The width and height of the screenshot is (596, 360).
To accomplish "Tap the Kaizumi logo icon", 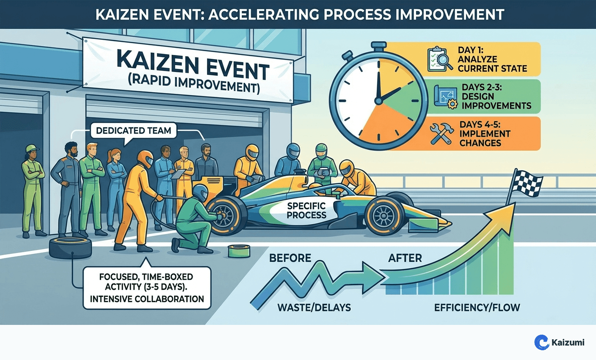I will coord(541,342).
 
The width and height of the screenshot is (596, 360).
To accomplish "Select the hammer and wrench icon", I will coord(441,134).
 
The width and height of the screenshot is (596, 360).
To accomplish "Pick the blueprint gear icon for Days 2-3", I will coord(445,97).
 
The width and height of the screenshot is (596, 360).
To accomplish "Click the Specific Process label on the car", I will coord(306,210).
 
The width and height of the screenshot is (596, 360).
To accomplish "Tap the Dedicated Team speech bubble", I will coord(133,130).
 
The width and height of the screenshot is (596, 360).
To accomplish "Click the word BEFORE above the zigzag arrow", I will coord(290,258).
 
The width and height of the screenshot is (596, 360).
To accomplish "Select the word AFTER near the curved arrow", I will coord(405,258).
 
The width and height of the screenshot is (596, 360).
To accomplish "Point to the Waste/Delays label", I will coord(314,308).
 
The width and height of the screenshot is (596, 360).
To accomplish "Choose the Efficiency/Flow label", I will coord(477,308).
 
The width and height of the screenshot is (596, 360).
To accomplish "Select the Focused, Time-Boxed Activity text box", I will coord(146,288).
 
